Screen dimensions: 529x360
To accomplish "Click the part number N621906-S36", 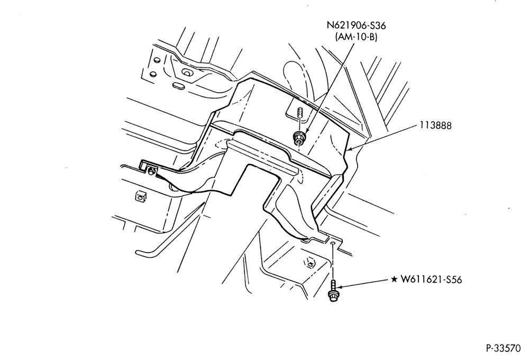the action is point(356,25).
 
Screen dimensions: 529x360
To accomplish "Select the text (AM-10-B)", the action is point(356,37).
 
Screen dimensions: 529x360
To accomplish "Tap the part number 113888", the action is point(435,125).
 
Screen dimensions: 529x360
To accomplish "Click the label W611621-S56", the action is point(431,280).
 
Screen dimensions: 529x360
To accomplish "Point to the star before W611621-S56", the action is point(394,280).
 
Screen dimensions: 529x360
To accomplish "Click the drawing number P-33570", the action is point(504,348).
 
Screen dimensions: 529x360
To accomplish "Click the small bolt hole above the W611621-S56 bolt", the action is point(333,243).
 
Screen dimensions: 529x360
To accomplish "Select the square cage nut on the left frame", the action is point(139,196).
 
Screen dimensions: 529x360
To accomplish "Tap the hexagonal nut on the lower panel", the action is point(308,262).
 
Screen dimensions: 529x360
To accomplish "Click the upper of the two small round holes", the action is point(156,60).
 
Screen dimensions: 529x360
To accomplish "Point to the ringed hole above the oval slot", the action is point(187,71).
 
